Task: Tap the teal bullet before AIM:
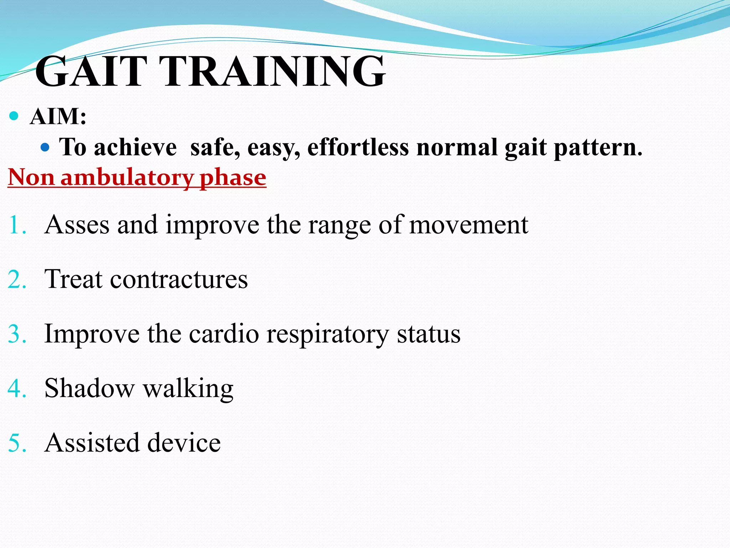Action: (x=14, y=116)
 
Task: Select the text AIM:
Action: (x=58, y=116)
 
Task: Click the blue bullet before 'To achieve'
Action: (x=45, y=147)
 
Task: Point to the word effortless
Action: (x=358, y=147)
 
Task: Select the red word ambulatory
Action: (x=127, y=177)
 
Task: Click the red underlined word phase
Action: (x=233, y=177)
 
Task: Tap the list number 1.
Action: (x=17, y=225)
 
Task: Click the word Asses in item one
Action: (x=77, y=225)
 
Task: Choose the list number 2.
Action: (x=17, y=280)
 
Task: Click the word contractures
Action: (x=179, y=279)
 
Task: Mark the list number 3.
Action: (x=17, y=334)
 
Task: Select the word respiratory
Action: (x=328, y=334)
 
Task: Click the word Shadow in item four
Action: (x=89, y=388)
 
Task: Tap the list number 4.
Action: (x=17, y=389)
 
